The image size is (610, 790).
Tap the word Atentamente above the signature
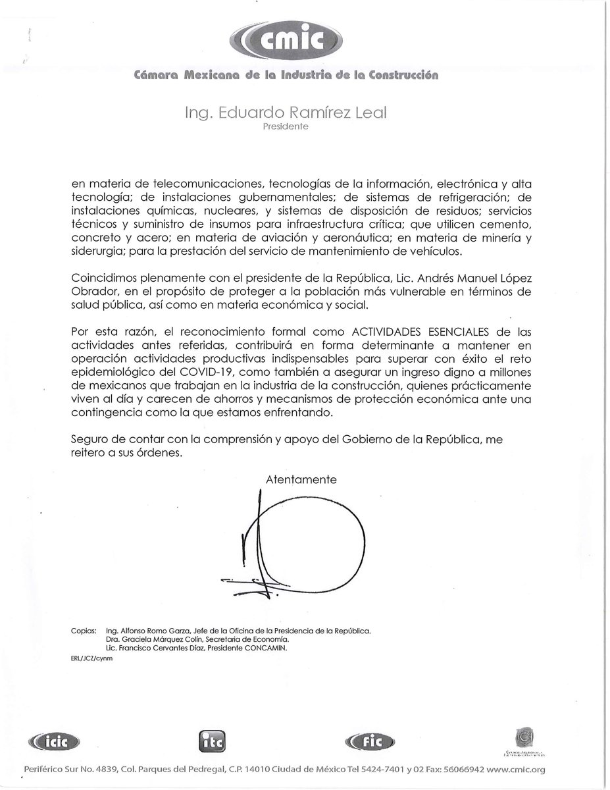tap(301, 480)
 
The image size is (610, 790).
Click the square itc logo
tap(209, 741)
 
